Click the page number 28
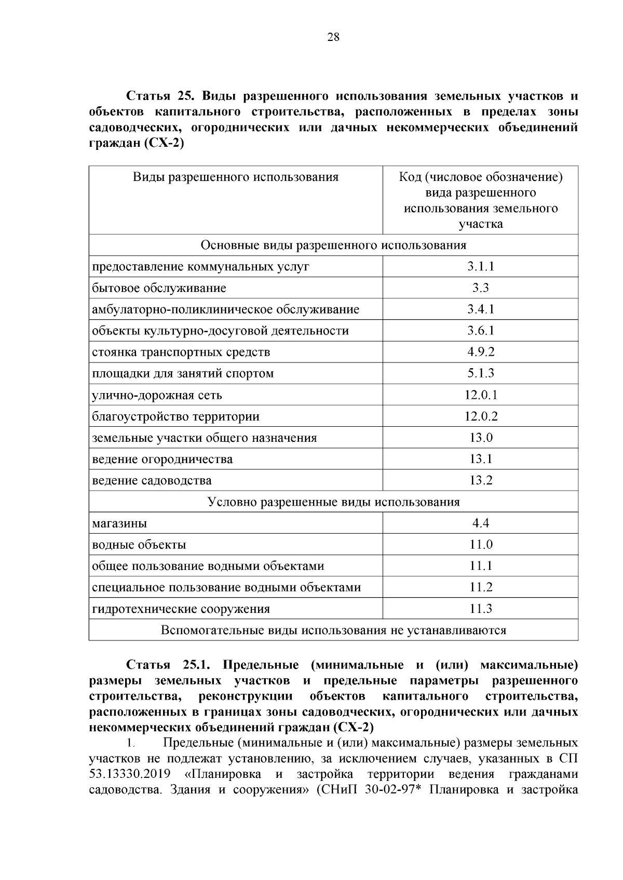point(333,37)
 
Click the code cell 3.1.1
point(480,267)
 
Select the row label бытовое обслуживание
point(159,288)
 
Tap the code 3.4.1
point(480,310)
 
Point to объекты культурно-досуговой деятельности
point(220,331)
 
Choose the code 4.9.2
point(480,352)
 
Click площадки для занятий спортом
point(183,373)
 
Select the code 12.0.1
point(480,395)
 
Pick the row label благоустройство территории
point(175,416)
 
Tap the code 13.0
point(480,438)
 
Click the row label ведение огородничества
point(162,459)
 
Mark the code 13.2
point(480,480)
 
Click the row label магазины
point(119,523)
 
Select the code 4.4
point(480,523)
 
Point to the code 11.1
point(480,566)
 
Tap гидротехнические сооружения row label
point(181,609)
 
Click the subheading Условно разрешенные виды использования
point(333,502)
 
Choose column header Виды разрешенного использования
point(236,177)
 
